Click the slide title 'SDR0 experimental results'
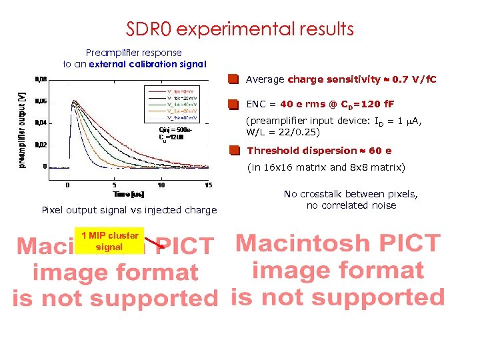coord(240,29)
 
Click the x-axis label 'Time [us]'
coord(129,193)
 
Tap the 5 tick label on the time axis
coord(115,185)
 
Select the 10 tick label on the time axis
coord(161,185)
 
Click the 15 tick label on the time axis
coord(208,185)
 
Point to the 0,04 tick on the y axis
coord(41,123)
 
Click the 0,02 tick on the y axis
coord(41,145)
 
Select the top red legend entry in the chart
coord(169,91)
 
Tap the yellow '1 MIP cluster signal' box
coord(109,241)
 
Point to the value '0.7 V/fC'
coord(413,79)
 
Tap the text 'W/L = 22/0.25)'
coord(283,132)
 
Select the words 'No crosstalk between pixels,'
coord(351,194)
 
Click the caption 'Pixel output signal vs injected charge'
coord(129,210)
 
